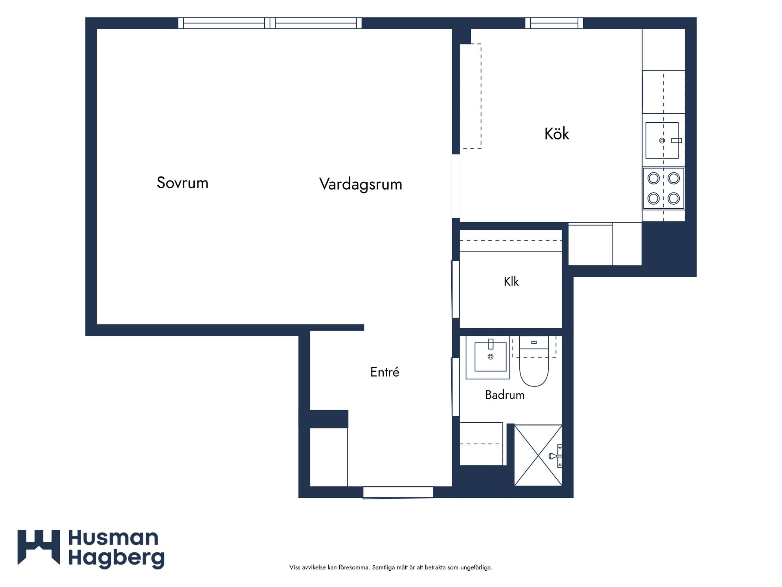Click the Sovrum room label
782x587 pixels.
(182, 183)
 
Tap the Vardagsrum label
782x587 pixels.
(360, 184)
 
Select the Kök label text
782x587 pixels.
(557, 134)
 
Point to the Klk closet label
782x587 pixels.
(511, 281)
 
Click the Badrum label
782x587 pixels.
(505, 395)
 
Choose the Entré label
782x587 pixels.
(384, 371)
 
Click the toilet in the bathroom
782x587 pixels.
(534, 362)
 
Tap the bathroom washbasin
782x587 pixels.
(488, 357)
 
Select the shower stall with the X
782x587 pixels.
(538, 455)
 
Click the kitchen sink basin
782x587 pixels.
(662, 140)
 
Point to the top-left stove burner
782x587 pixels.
(654, 178)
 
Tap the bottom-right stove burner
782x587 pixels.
(674, 199)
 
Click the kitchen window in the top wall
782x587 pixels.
(554, 23)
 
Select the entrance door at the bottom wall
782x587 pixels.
(398, 492)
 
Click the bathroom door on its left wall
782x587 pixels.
(455, 387)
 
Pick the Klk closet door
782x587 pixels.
(455, 289)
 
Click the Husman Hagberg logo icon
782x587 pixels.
(39, 547)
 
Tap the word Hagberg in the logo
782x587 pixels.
(116, 558)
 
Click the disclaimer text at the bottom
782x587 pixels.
(391, 567)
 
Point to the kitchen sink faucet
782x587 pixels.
(676, 141)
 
